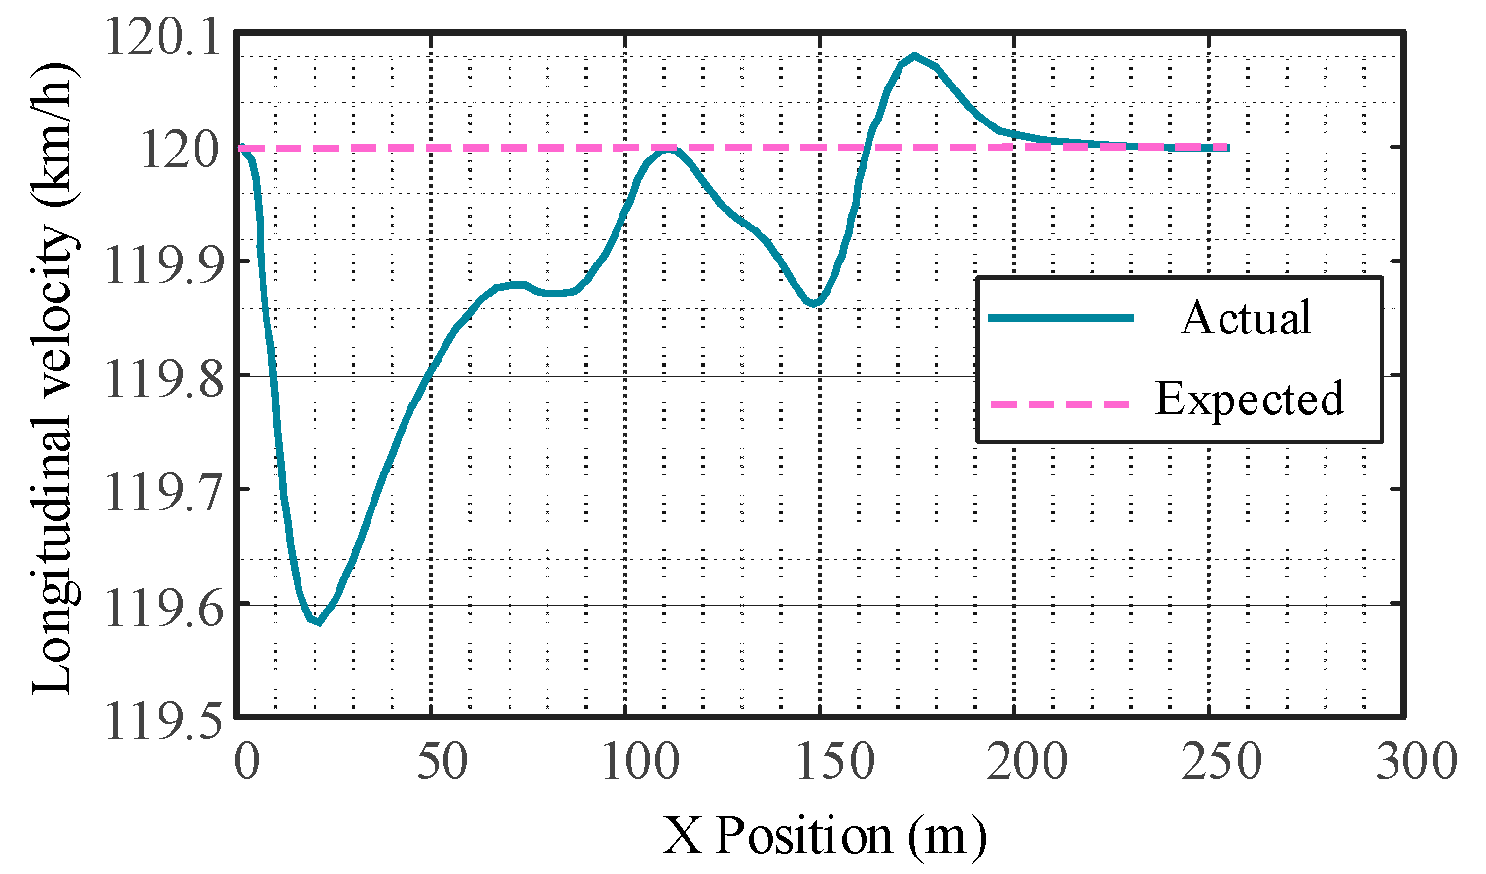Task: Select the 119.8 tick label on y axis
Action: click(x=161, y=377)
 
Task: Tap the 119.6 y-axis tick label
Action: click(x=161, y=605)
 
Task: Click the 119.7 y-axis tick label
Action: click(x=161, y=491)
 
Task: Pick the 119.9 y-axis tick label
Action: click(x=161, y=262)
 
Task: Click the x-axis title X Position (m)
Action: click(x=825, y=835)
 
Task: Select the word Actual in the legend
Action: click(x=1246, y=318)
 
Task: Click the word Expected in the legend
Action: click(x=1250, y=399)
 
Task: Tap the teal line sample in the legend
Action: click(x=1060, y=318)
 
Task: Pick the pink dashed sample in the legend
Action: click(x=1060, y=402)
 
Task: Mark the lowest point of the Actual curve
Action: click(x=317, y=622)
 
